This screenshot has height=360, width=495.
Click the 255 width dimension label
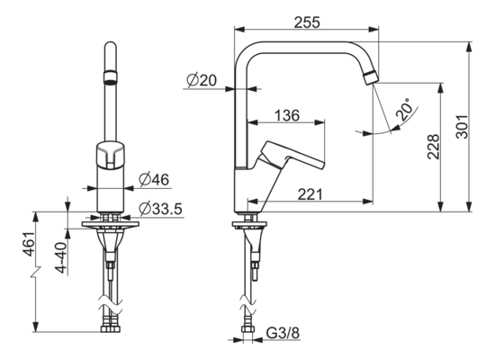tap(307, 22)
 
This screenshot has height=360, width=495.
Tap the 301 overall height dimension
tap(463, 126)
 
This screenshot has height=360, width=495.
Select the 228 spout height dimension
tap(433, 147)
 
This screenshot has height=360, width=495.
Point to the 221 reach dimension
tap(310, 194)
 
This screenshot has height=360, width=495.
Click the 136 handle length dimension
tap(287, 115)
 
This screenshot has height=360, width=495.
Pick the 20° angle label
tap(405, 110)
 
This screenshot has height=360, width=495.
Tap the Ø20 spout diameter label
tap(202, 80)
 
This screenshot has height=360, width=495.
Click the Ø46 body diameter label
tap(154, 179)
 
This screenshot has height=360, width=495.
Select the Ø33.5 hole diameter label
tap(160, 209)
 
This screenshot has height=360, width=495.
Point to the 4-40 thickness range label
tap(60, 257)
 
